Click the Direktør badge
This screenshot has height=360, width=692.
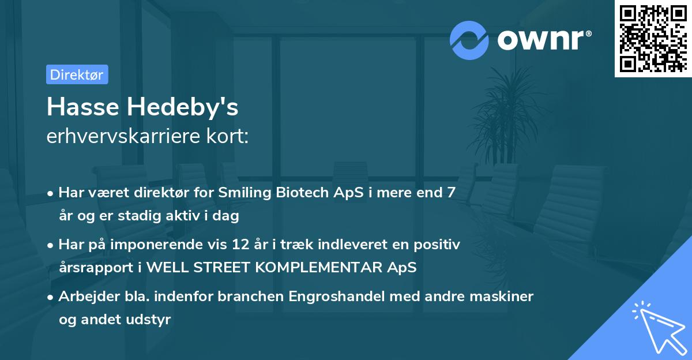77,74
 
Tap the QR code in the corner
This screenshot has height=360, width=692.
652,38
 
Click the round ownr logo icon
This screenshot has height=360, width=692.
469,40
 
